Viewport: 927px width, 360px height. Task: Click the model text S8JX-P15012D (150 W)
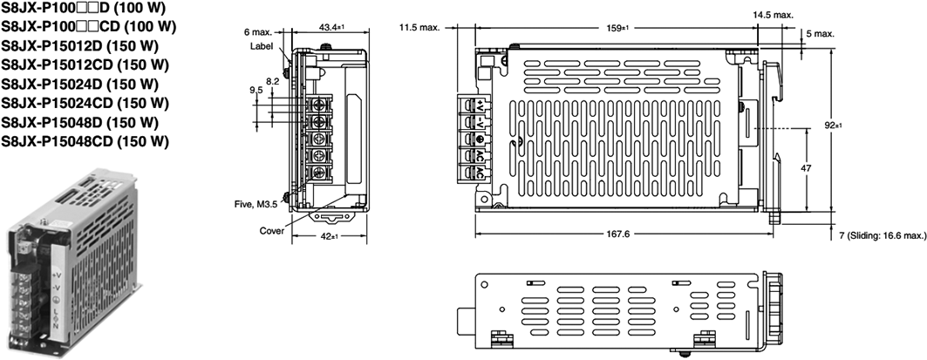(x=78, y=45)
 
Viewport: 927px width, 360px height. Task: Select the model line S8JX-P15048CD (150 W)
(x=85, y=141)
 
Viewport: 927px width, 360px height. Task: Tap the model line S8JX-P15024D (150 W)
(x=78, y=84)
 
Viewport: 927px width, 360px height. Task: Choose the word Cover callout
(x=272, y=231)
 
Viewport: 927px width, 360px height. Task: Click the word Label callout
(x=262, y=45)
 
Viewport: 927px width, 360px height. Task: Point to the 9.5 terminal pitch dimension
(x=256, y=89)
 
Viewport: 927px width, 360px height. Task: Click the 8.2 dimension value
(x=272, y=80)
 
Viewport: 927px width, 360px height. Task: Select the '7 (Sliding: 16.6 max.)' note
(x=877, y=235)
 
